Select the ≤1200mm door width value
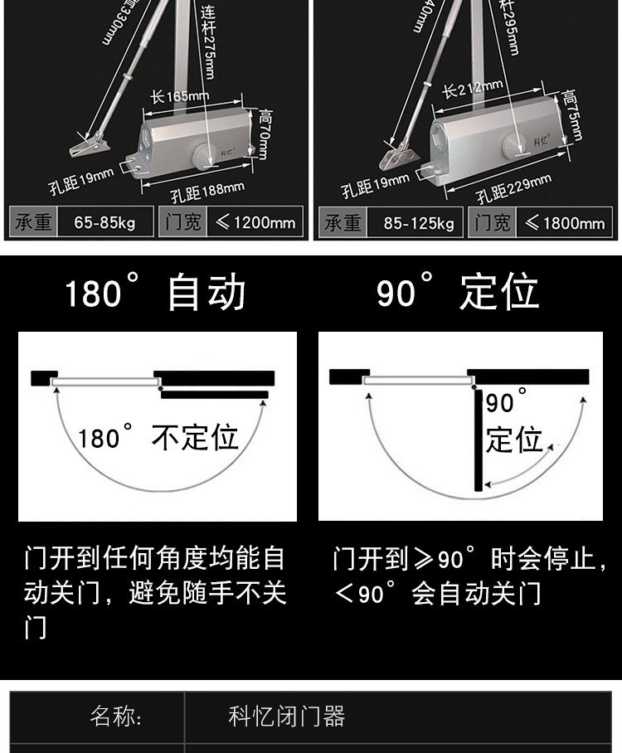click(255, 222)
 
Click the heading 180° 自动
click(155, 294)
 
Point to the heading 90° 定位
click(457, 293)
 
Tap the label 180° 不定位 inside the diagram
click(158, 437)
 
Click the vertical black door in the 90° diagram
click(478, 440)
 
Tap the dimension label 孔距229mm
click(514, 188)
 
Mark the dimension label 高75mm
click(571, 114)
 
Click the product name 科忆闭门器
click(286, 717)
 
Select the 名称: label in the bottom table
click(116, 717)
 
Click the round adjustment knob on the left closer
click(203, 155)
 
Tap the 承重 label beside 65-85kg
click(34, 222)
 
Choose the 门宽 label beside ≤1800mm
click(493, 223)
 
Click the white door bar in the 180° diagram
click(104, 382)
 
